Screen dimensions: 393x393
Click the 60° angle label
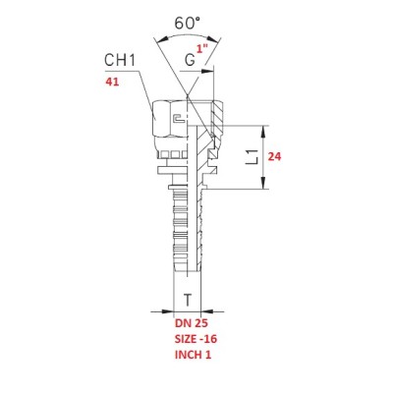click(x=187, y=23)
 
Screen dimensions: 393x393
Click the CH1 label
click(x=120, y=60)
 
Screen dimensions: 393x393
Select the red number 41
click(x=112, y=82)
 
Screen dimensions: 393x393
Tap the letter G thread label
click(x=190, y=61)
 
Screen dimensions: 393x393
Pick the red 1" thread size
click(x=202, y=49)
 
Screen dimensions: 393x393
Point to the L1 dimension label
click(x=253, y=157)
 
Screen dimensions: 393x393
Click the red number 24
click(x=274, y=157)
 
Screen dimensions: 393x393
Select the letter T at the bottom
click(x=187, y=300)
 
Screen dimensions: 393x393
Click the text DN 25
click(x=192, y=323)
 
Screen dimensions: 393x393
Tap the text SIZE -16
click(x=196, y=339)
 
